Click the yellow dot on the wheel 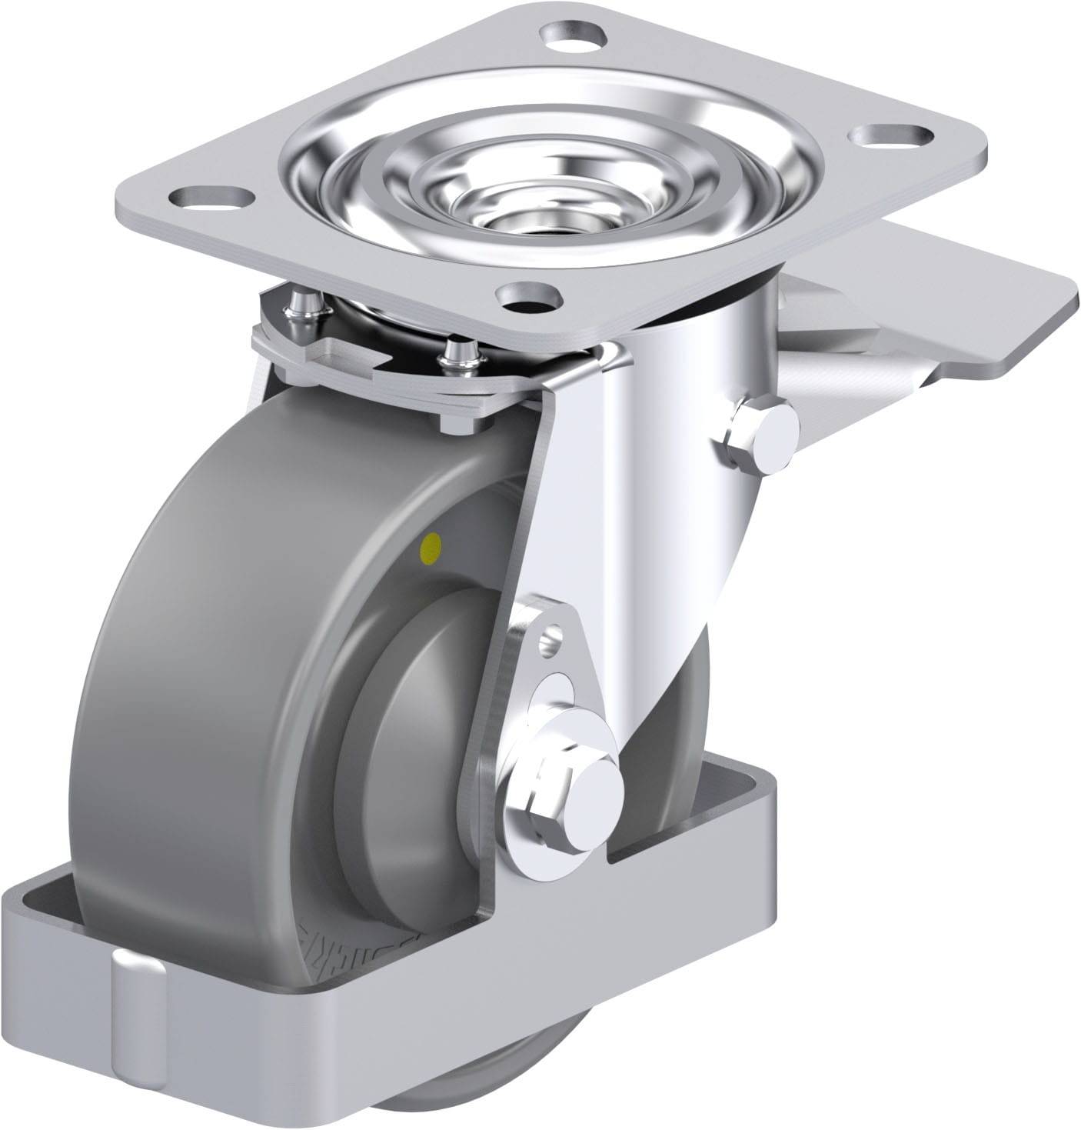coord(432,547)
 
